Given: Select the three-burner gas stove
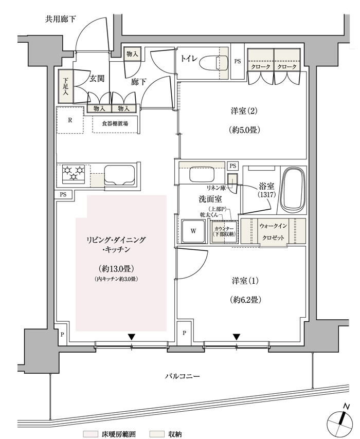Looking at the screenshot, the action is (74, 174).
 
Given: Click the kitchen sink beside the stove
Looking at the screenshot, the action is (119, 175).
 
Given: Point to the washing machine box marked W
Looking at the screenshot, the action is (193, 231).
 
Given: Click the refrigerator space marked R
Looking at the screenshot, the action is (70, 120).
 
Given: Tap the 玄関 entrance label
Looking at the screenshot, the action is (97, 78).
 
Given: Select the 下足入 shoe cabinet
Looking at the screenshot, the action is (65, 86).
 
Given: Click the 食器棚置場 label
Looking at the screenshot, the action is (115, 123).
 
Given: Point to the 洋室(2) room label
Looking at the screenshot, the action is (244, 112).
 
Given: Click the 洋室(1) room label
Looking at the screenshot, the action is (245, 281).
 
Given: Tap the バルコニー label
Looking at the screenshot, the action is (182, 376).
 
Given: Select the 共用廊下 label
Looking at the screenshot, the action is (60, 20).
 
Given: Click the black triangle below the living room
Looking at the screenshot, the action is (132, 337).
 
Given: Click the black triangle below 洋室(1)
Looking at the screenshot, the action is (237, 337).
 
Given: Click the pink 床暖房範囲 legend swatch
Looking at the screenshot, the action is (90, 434).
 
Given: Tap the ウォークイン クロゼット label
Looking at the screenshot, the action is (273, 232).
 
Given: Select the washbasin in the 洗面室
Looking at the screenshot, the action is (202, 175).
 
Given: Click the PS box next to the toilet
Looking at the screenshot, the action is (238, 61).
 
